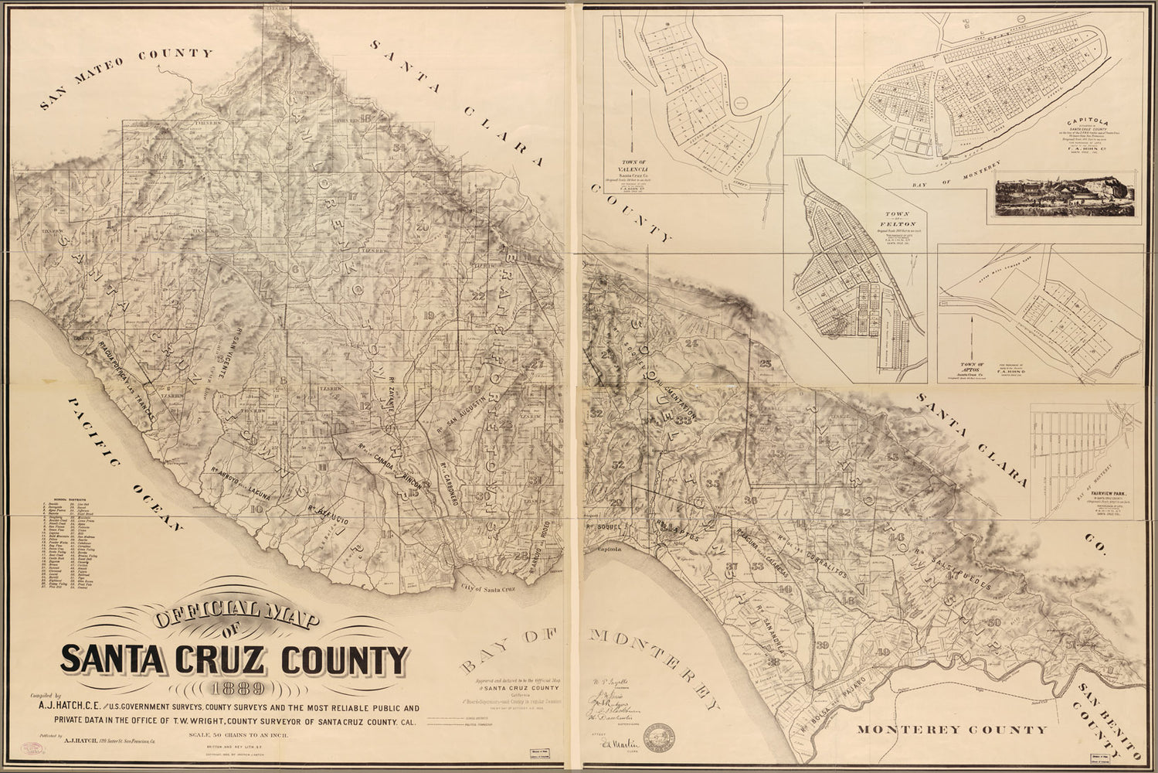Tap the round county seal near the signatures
click(659, 735)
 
